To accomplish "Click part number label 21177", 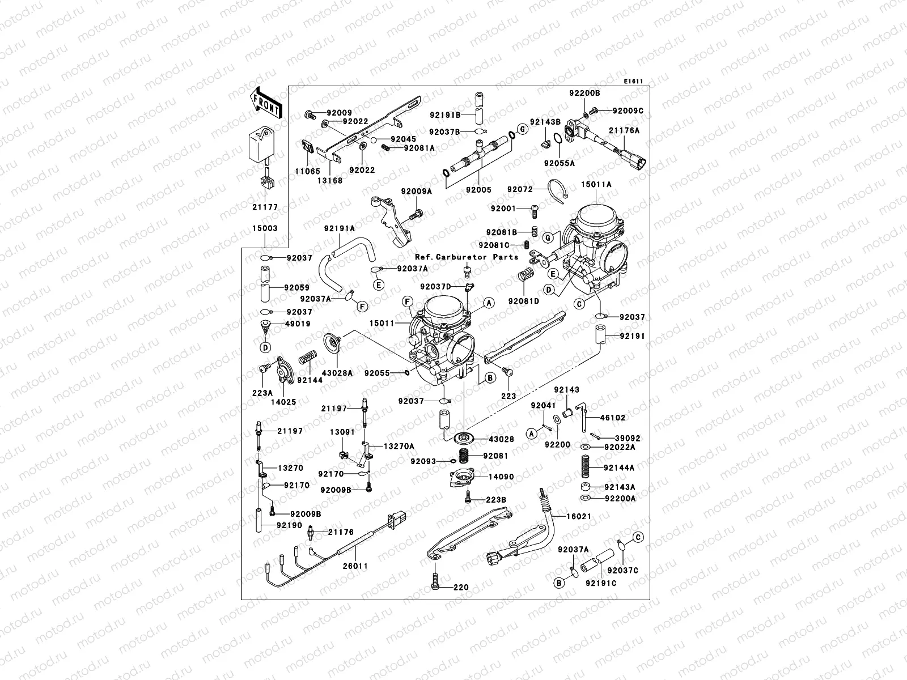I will (265, 207).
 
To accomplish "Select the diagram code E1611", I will (633, 82).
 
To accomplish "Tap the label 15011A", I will (596, 185).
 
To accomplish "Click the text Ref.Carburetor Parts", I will (467, 257).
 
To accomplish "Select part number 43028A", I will (337, 373).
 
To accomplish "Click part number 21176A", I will (624, 130).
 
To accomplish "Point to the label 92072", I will (520, 189).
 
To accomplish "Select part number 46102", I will (613, 418).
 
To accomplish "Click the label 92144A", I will (619, 468).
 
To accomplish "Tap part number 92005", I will (478, 190).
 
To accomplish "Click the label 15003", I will (265, 228).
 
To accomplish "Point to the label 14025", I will (283, 402).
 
